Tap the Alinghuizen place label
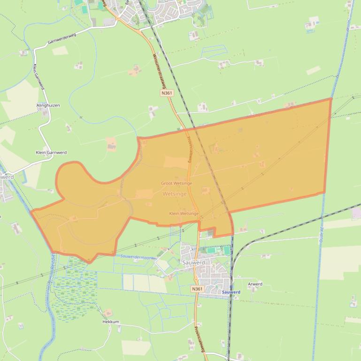click(48, 105)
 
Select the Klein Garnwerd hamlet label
click(51, 152)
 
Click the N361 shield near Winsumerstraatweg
click(167, 93)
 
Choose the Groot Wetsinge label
click(177, 183)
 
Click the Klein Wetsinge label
click(184, 213)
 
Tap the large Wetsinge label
click(175, 194)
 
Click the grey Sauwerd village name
click(193, 263)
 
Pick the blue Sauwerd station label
click(230, 292)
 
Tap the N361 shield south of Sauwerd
click(197, 289)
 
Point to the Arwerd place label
click(255, 284)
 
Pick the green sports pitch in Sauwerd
click(227, 251)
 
